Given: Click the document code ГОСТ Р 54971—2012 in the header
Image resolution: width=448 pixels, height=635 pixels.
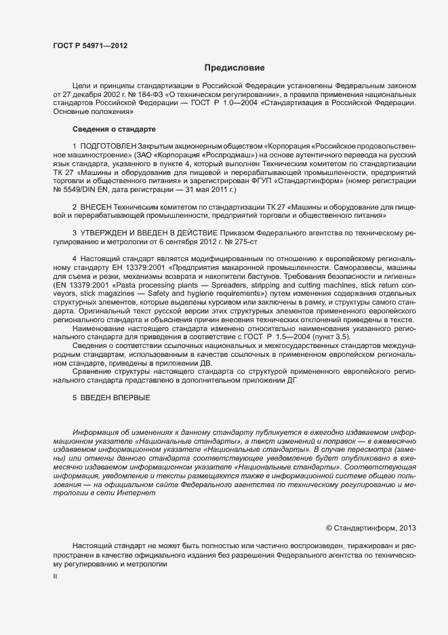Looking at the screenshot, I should tap(89, 45).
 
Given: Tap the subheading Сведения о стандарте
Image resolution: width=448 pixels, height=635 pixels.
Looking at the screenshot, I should tap(114, 129).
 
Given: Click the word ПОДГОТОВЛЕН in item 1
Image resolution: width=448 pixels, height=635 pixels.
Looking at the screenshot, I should tap(108, 147).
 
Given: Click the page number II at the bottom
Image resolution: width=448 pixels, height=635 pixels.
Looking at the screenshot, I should tap(55, 576).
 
